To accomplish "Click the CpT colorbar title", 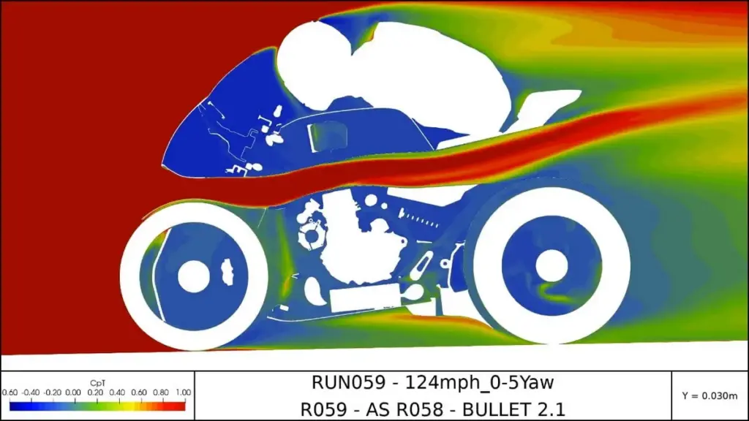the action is tap(97, 383).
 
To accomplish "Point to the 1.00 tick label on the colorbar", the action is tap(184, 392).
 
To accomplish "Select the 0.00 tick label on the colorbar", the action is tap(73, 392).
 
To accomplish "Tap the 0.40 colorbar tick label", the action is tap(117, 392).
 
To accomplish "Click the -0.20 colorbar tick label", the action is tap(53, 392).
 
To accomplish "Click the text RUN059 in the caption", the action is tap(348, 382).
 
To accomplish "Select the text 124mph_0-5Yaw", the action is tap(479, 383).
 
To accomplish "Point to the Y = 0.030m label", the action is tap(710, 395).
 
